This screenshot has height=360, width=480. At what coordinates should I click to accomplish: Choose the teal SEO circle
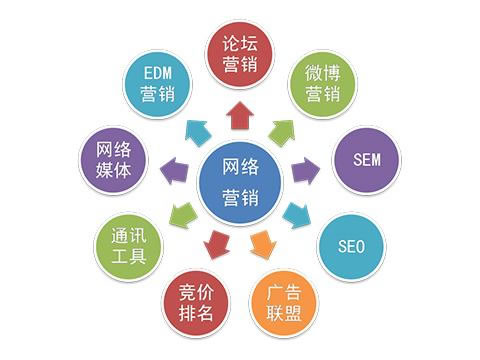point(351,245)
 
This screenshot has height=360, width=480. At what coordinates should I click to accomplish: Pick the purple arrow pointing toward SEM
point(304,171)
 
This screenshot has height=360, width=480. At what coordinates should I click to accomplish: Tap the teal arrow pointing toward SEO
point(296,214)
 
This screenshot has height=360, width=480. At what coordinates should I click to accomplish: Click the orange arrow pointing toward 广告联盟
point(262,241)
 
